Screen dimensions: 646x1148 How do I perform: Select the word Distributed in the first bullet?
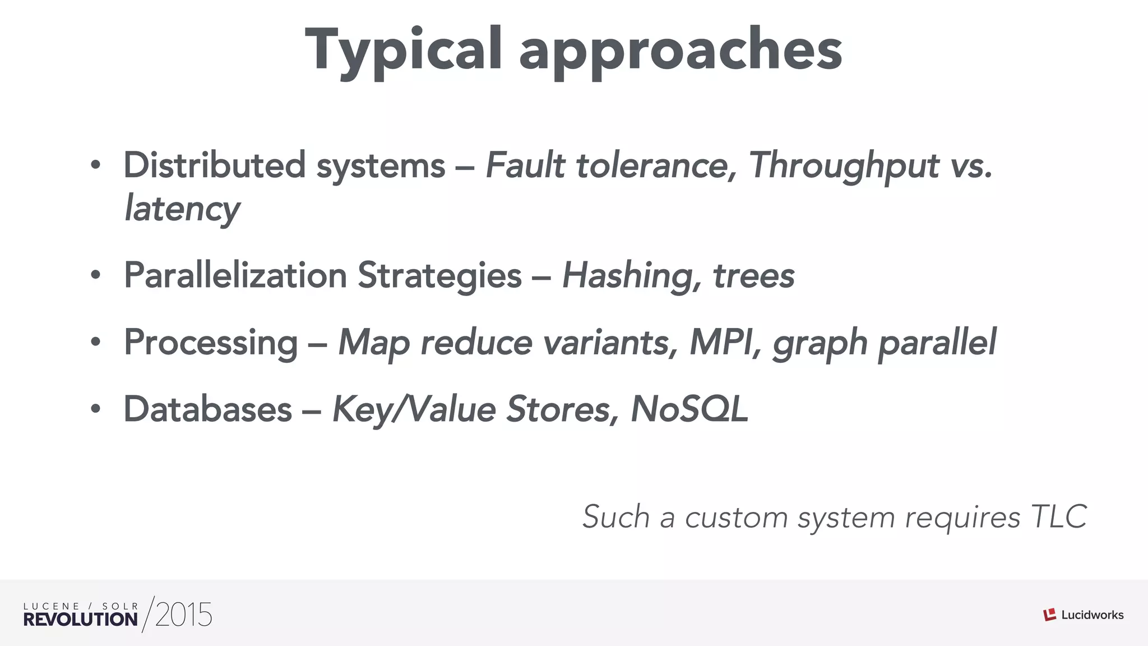coord(214,165)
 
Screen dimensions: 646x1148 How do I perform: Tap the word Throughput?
coord(844,167)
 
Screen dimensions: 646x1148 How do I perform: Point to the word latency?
coord(182,209)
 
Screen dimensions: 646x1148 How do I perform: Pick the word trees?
coord(753,276)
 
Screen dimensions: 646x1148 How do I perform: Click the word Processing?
coord(211,343)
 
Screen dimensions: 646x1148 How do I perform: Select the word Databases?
coord(208,409)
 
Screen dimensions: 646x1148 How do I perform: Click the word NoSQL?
coord(689,409)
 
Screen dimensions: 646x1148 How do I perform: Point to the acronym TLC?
coord(1059,516)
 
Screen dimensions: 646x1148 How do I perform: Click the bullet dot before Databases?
coord(96,410)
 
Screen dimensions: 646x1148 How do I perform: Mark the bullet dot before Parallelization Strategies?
coord(96,276)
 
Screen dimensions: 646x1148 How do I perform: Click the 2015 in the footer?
coord(184,615)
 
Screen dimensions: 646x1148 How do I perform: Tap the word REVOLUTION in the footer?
coord(80,620)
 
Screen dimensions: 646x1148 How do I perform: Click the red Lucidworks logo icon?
coord(1049,615)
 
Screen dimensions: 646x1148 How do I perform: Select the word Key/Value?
coord(414,409)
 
